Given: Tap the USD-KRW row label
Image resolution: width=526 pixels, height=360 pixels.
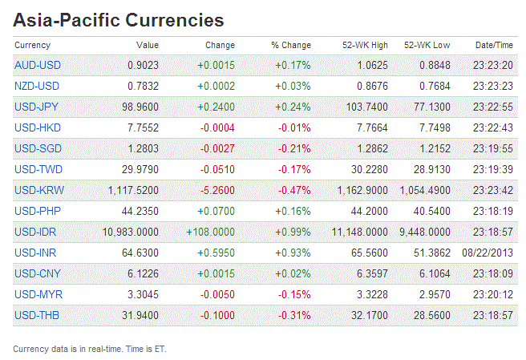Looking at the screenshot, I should pyautogui.click(x=38, y=191).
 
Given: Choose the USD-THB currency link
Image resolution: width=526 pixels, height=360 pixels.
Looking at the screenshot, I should pyautogui.click(x=37, y=316).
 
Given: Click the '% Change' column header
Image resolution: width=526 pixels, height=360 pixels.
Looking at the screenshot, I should pyautogui.click(x=290, y=45).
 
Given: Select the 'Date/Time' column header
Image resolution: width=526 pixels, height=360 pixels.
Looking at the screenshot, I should pyautogui.click(x=494, y=45).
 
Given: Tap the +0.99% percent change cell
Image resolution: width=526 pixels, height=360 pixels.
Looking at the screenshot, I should pyautogui.click(x=293, y=233).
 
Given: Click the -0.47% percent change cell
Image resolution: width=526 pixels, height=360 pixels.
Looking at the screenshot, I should pyautogui.click(x=294, y=191).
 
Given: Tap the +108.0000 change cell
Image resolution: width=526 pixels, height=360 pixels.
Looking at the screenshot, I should pyautogui.click(x=210, y=233).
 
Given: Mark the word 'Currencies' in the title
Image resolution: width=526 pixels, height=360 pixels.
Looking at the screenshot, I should pyautogui.click(x=172, y=19).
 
